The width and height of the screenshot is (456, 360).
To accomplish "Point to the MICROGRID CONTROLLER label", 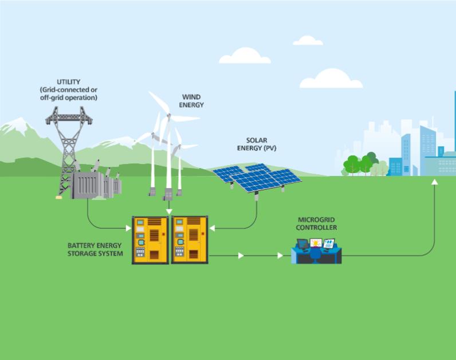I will click(317, 224).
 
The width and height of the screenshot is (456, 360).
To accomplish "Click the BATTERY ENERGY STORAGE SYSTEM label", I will click(95, 249).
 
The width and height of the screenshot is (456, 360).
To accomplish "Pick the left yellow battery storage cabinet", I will click(150, 240).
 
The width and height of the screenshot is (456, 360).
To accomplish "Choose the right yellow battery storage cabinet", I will click(189, 240).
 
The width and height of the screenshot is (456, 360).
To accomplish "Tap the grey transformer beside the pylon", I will click(95, 185).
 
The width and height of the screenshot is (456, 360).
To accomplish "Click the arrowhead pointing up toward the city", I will click(435, 182).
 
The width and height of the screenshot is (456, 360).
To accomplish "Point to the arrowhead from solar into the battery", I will click(212, 229).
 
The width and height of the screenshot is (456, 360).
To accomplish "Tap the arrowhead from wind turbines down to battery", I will click(169, 212).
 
